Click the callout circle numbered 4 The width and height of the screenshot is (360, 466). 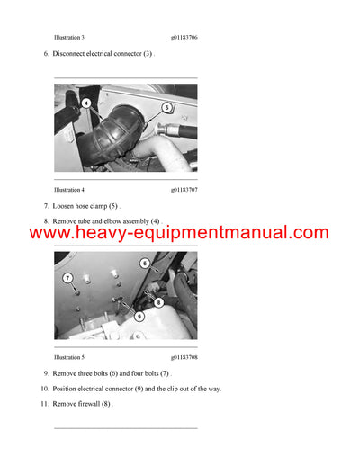[x=85, y=103]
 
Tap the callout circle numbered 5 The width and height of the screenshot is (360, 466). [x=166, y=107]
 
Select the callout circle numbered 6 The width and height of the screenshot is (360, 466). [x=144, y=263]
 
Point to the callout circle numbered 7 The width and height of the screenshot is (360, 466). [x=68, y=279]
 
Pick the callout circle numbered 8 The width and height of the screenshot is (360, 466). [x=157, y=302]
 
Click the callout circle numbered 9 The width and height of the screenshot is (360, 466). [x=139, y=317]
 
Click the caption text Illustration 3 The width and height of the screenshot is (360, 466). [x=69, y=39]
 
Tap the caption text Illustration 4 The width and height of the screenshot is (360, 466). [x=69, y=190]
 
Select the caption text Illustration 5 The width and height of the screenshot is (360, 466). [x=69, y=357]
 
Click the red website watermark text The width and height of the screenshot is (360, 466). [x=180, y=233]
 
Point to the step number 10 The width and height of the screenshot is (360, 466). [x=44, y=389]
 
